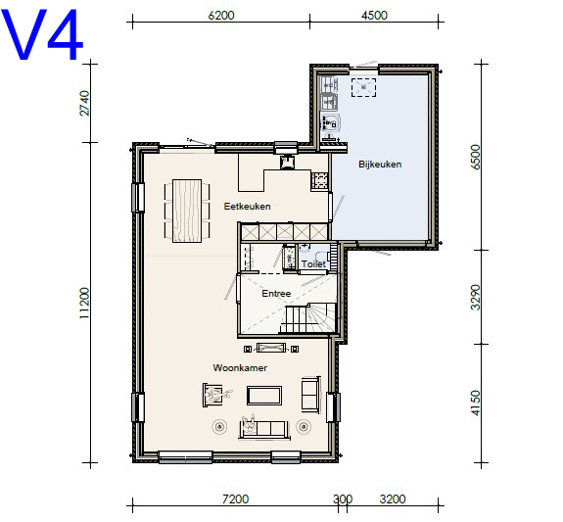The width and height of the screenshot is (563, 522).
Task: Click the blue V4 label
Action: click(42, 34)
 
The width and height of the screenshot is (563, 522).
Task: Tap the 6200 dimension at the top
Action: click(221, 16)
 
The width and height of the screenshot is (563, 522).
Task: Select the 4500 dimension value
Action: click(374, 16)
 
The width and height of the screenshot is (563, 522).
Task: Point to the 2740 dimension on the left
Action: click(84, 103)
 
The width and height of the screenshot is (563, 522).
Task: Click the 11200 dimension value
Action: click(84, 303)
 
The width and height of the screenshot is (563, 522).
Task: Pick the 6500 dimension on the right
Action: click(475, 157)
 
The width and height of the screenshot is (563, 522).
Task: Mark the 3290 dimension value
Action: click(475, 297)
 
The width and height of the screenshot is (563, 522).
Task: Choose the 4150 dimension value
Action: click(475, 403)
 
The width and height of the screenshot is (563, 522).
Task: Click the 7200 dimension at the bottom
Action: click(236, 499)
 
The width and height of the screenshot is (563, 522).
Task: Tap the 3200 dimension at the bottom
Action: click(393, 499)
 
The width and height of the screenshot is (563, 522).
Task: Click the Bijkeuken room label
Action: click(380, 165)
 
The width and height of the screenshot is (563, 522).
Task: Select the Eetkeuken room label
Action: click(247, 207)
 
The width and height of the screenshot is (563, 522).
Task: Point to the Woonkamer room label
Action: click(240, 368)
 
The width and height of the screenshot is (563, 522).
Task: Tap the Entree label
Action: click(276, 294)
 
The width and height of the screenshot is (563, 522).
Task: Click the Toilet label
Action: click(313, 264)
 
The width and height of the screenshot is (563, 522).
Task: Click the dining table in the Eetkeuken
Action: click(187, 211)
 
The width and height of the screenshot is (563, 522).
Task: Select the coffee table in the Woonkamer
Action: click(264, 396)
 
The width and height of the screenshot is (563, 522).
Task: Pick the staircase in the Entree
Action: click(307, 318)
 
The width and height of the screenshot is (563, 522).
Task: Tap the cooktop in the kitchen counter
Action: click(319, 181)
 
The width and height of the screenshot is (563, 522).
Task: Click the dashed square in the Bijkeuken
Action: click(363, 87)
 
